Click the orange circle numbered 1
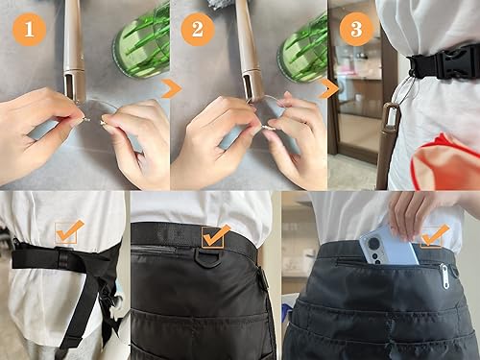click(30, 30)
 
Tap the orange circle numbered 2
click(198, 30)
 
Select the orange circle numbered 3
click(356, 30)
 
